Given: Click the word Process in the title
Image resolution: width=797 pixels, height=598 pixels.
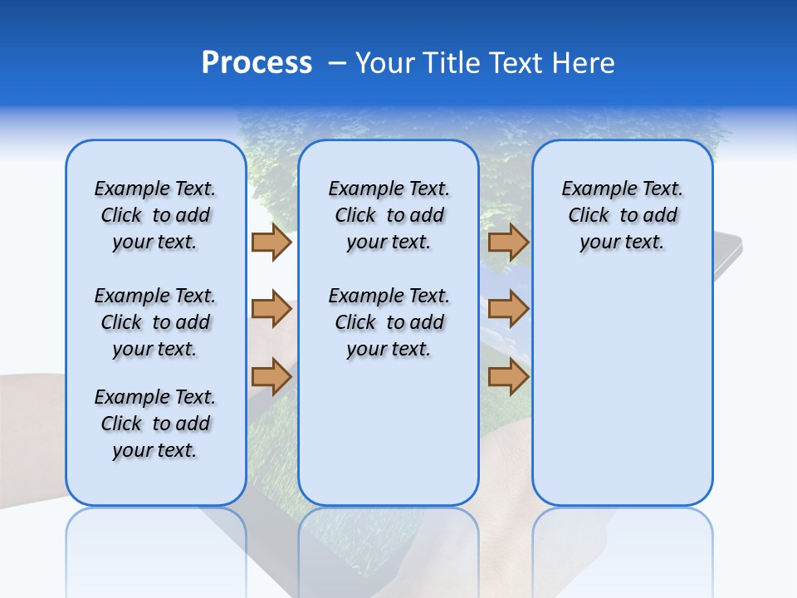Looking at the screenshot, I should [257, 63].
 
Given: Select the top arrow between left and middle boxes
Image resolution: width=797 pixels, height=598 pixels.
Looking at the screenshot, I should [271, 242].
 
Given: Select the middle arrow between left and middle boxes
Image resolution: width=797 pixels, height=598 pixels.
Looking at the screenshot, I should [271, 310].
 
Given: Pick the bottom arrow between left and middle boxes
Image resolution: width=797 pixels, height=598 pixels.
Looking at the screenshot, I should [271, 377].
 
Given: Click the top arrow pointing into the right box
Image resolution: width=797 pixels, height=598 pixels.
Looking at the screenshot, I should [508, 242].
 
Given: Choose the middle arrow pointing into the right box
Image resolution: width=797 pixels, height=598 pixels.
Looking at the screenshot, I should [508, 310].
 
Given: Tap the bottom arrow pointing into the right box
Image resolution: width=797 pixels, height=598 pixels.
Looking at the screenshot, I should [508, 377].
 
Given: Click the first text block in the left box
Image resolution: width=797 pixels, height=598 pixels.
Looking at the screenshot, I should [155, 215].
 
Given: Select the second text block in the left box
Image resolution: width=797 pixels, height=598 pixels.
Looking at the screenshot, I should [155, 322].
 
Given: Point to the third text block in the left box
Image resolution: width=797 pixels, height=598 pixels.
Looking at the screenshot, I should [155, 424].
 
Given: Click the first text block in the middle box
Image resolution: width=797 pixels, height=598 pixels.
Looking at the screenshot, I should [389, 215].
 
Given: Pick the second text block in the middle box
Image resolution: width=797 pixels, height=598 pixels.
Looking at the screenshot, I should [389, 322].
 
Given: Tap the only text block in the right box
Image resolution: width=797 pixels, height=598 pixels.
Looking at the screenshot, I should [622, 215].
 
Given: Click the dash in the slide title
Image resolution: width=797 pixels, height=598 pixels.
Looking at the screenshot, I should [337, 64].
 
